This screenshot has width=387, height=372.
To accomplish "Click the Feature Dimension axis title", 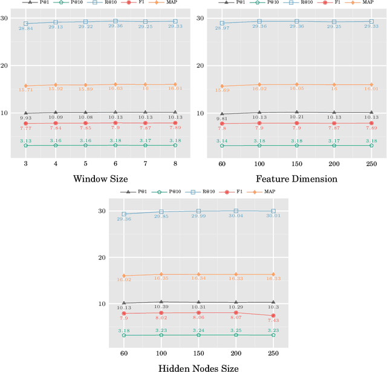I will (x=296, y=178).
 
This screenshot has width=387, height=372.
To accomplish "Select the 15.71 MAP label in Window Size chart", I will (x=26, y=90).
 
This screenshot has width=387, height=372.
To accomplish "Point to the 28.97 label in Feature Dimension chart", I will (x=222, y=28).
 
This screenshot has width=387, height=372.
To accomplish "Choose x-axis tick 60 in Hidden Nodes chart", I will (x=124, y=353).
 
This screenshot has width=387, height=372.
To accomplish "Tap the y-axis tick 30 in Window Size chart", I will (x=5, y=18).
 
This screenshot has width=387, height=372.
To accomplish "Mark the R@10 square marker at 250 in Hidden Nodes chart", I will (x=273, y=211).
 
